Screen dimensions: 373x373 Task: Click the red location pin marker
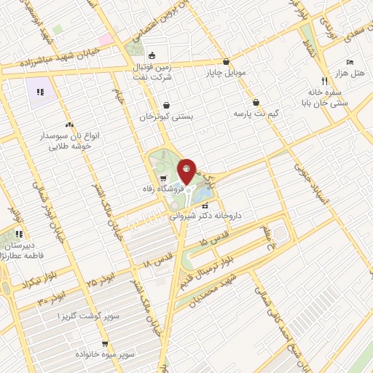pos(187,172)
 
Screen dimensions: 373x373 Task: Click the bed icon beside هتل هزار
pos(350,63)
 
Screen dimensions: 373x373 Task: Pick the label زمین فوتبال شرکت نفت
pos(151,71)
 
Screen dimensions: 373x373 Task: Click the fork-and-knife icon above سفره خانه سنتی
pos(323,81)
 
